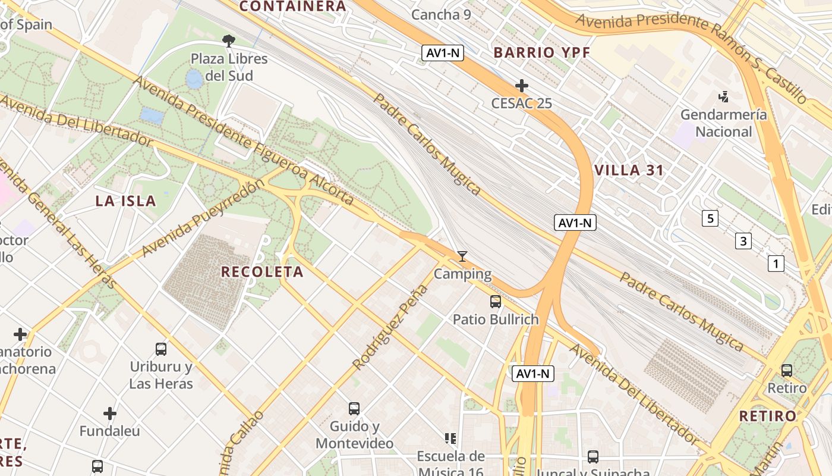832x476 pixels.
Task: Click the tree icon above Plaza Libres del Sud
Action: pos(228,40)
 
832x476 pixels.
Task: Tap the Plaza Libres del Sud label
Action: pos(229,67)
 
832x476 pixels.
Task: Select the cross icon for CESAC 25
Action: pos(521,86)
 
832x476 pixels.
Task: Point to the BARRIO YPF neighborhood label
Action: pos(542,52)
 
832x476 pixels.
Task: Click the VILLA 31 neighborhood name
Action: pos(629,170)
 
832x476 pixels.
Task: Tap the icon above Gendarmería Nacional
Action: pos(723,96)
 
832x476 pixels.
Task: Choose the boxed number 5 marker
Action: pos(710,218)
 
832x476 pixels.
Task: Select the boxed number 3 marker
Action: pos(743,241)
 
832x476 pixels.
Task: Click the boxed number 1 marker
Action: pos(776,263)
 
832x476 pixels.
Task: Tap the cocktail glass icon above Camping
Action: pos(462,256)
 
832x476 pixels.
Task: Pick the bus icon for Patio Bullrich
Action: pos(496,302)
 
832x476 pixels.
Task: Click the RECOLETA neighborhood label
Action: pos(262,272)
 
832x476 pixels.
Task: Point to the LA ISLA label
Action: pos(125,201)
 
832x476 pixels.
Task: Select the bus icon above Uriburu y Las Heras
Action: pos(161,349)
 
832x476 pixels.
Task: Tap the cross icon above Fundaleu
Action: pos(110,413)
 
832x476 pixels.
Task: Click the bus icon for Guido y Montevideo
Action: pos(354,408)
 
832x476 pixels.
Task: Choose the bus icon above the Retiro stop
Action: pos(787,370)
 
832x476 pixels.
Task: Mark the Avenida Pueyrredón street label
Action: pos(203,218)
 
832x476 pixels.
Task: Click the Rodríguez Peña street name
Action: pos(390,327)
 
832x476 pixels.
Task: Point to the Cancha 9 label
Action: pos(441,14)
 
